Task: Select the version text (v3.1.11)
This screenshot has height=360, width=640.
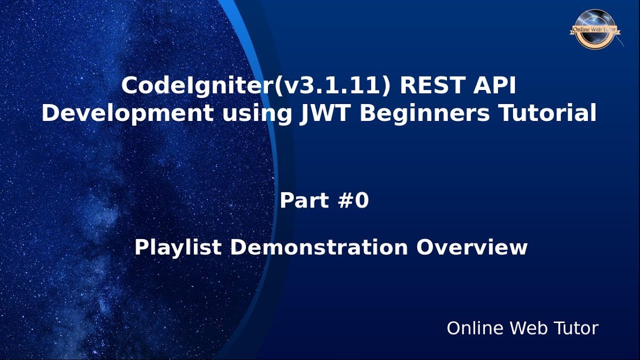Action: [x=332, y=86]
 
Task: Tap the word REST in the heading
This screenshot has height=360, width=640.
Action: [x=435, y=85]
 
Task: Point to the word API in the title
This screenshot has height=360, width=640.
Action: [x=494, y=85]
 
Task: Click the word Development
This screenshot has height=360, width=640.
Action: [x=127, y=113]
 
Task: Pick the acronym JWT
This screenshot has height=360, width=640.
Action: [x=324, y=113]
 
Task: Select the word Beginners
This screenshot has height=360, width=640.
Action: [x=424, y=113]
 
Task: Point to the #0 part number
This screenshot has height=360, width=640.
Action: [x=353, y=200]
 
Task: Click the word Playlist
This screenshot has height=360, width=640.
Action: [x=177, y=247]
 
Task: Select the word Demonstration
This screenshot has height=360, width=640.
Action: [x=318, y=247]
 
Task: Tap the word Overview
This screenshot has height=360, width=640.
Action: [x=471, y=247]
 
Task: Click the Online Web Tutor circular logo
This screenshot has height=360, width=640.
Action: [x=595, y=29]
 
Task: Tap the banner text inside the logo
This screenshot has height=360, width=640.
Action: [x=594, y=29]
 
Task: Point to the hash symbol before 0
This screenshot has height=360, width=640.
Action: [x=345, y=200]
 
